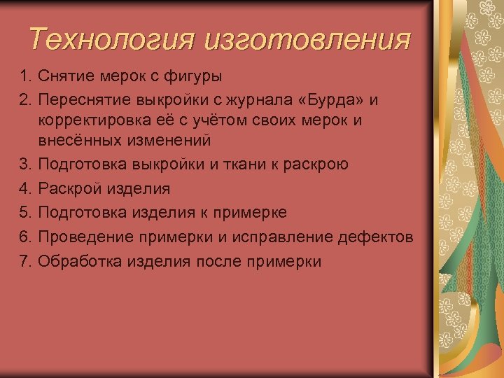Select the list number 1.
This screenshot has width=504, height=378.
click(26, 75)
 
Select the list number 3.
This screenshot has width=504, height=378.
click(26, 164)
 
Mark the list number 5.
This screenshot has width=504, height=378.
click(26, 213)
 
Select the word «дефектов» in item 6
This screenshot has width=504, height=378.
click(377, 237)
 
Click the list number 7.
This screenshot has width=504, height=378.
click(26, 262)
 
